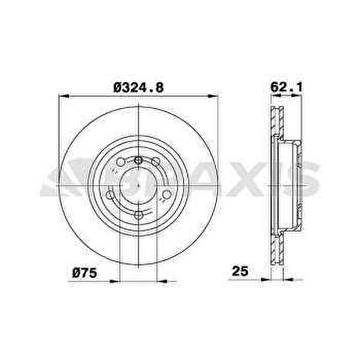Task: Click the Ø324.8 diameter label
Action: [x=139, y=88]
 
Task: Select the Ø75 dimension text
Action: [x=85, y=272]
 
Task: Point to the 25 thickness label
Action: [x=240, y=271]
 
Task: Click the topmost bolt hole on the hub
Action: [x=139, y=160]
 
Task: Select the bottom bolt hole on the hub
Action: [x=139, y=215]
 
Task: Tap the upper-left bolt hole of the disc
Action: [x=121, y=161]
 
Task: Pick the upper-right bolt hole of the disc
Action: [x=156, y=161]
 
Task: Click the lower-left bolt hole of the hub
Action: [x=110, y=194]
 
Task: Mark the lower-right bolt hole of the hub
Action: [x=167, y=194]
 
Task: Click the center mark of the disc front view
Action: [x=139, y=185]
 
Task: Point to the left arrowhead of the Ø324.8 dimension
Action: [x=63, y=96]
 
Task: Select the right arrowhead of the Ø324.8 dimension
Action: [x=214, y=96]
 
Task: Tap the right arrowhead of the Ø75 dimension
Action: [x=162, y=281]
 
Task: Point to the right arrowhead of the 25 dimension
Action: [x=288, y=279]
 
